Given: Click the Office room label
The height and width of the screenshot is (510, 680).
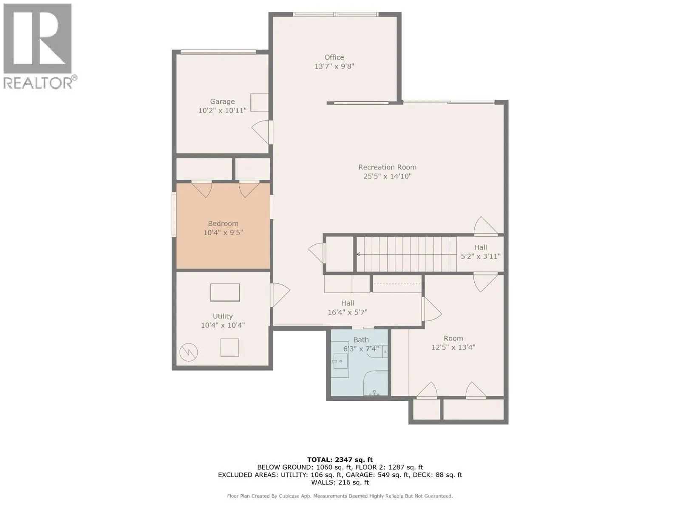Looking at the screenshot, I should (334, 57).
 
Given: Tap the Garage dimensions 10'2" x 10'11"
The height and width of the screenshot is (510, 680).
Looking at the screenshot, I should (222, 110).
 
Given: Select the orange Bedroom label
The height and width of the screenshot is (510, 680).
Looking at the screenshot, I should (223, 224).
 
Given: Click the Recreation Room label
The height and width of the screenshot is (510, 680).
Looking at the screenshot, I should (387, 167).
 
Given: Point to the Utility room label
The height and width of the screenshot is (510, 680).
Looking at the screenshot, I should (223, 316).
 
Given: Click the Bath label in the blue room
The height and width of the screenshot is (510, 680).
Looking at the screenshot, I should (361, 340).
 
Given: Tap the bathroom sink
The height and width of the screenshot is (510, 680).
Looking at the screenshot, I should (340, 362).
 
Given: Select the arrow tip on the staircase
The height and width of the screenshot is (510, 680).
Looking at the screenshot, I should (358, 254).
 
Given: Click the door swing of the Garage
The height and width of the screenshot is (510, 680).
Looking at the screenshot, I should (261, 131).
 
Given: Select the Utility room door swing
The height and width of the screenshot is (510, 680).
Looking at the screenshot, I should (280, 295).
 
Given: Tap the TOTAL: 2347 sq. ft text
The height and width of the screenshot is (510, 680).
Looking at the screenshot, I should (340, 459).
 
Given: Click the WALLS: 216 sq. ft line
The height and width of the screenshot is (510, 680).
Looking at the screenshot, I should (340, 482).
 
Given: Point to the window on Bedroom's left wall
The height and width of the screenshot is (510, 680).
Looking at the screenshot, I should (174, 215).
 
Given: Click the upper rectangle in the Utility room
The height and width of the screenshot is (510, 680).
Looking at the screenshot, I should (225, 292).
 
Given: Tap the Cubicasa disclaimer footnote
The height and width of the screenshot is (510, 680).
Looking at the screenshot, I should (340, 496).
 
